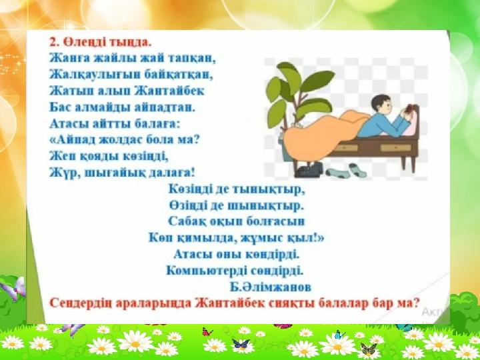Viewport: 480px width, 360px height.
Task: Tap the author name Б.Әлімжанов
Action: click(x=271, y=287)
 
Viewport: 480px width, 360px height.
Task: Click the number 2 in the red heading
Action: click(x=53, y=42)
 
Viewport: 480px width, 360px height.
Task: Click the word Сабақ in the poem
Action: click(x=187, y=221)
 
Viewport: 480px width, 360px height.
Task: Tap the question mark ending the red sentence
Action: click(x=415, y=303)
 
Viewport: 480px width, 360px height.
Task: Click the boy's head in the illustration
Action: click(x=381, y=105)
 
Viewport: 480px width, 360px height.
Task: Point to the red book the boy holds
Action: click(x=409, y=109)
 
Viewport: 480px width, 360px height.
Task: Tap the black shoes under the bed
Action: click(x=309, y=170)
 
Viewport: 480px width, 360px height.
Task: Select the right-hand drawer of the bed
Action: click(x=396, y=148)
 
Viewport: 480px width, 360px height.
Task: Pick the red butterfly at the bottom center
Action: click(x=207, y=331)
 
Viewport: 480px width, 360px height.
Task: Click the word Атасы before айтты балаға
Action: click(x=67, y=124)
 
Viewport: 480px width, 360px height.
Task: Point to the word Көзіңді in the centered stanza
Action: click(x=188, y=189)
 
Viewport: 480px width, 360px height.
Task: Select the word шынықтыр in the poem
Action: click(x=266, y=206)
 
